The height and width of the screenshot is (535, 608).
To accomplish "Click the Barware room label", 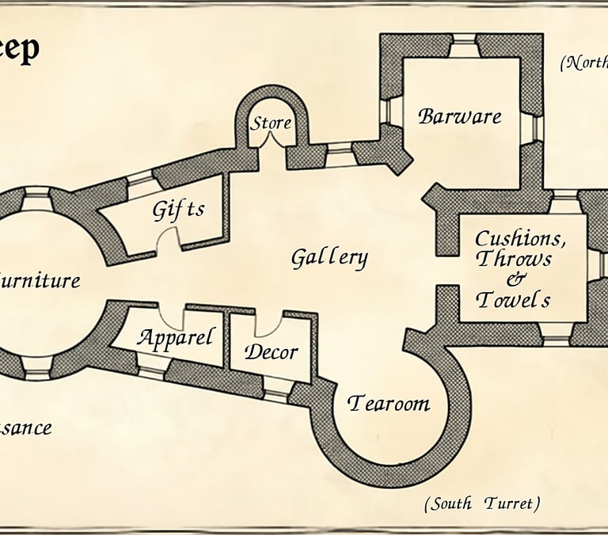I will pos(460,116).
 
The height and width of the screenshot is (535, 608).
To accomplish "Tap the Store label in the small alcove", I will pos(271,123).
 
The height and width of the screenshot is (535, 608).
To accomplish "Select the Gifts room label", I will pos(178,210).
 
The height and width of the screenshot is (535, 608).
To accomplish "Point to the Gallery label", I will pos(329,257).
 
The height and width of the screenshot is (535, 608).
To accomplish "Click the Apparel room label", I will pos(176,338).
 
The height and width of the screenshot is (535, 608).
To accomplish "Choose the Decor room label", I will pos(271,351).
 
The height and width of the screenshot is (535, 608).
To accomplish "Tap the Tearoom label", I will pos(389,403).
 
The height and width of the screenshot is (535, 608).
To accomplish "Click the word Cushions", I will pos(520,237).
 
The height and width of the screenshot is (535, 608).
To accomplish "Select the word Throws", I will pos(515,259).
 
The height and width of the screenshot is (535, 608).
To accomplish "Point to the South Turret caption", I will pos(482,503).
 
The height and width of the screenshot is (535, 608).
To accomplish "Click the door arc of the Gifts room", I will pos(169,239).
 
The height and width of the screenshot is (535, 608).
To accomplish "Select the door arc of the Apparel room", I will pos(172,318).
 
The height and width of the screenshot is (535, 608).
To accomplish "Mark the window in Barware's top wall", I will pos(463,45).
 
